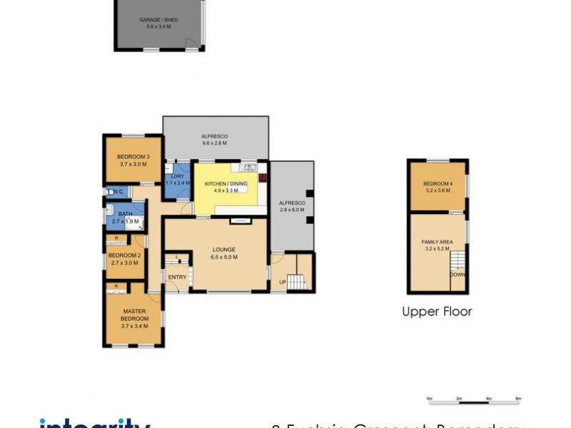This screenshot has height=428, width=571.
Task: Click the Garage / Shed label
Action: pyautogui.click(x=159, y=21)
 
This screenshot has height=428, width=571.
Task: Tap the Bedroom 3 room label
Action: pyautogui.click(x=133, y=157)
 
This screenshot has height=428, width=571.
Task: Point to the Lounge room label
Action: pyautogui.click(x=223, y=250)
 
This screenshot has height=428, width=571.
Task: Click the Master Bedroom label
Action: pyautogui.click(x=134, y=311)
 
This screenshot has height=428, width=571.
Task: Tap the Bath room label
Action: pyautogui.click(x=125, y=214)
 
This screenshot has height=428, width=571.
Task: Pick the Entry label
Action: pyautogui.click(x=176, y=277)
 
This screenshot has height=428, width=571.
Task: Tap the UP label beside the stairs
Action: pyautogui.click(x=283, y=282)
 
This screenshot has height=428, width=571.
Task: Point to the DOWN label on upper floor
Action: pyautogui.click(x=458, y=274)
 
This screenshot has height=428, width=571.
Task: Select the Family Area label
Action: pyautogui.click(x=437, y=243)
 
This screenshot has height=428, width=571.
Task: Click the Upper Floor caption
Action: pyautogui.click(x=437, y=312)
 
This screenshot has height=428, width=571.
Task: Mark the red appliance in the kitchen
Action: pyautogui.click(x=263, y=178)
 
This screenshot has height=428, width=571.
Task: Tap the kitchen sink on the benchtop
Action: pyautogui.click(x=248, y=168)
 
